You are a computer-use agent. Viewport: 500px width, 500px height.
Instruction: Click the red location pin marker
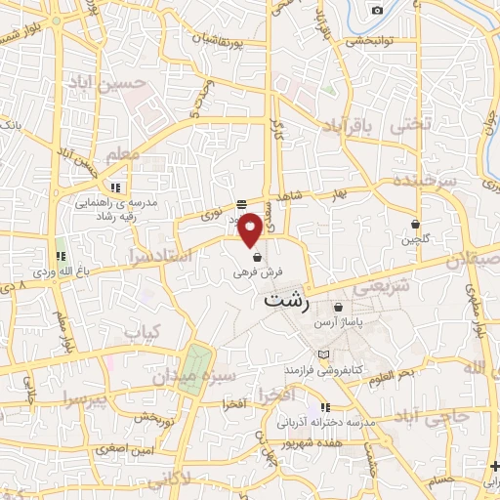point(251,228)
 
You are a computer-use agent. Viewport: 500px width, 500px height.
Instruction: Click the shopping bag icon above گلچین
point(416,224)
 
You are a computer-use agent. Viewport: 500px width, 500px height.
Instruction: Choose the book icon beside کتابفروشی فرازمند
point(324,354)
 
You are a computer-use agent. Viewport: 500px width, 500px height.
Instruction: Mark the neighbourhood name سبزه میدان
point(212,376)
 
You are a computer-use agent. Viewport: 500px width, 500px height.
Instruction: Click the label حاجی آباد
point(431,416)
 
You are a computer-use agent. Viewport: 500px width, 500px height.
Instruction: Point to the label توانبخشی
point(369,42)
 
